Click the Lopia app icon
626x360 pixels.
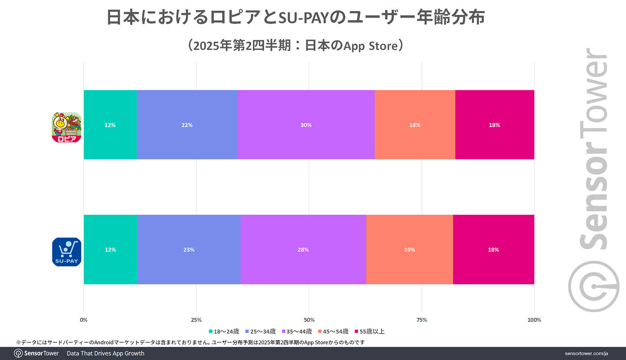(x=66, y=127)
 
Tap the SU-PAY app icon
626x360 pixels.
(x=66, y=252)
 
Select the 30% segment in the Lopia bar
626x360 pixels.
(x=306, y=125)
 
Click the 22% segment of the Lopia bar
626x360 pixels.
(x=187, y=125)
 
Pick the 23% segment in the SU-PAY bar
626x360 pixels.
(x=188, y=249)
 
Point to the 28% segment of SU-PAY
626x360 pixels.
(x=303, y=249)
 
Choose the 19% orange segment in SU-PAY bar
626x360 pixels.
(x=409, y=249)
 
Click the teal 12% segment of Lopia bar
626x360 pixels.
(x=110, y=125)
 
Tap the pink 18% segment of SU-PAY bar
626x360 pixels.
(x=493, y=249)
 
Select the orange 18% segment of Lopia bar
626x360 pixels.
(x=415, y=125)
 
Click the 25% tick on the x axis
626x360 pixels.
(x=196, y=320)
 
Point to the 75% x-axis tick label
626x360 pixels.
(x=421, y=320)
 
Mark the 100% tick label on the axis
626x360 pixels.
(x=534, y=320)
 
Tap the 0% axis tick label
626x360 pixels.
(x=84, y=320)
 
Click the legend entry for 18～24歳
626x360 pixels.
(x=224, y=331)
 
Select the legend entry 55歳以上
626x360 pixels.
(x=370, y=331)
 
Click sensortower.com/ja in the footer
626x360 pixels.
(x=586, y=353)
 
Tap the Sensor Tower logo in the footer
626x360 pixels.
(x=36, y=353)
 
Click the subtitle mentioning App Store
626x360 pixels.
(x=295, y=45)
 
